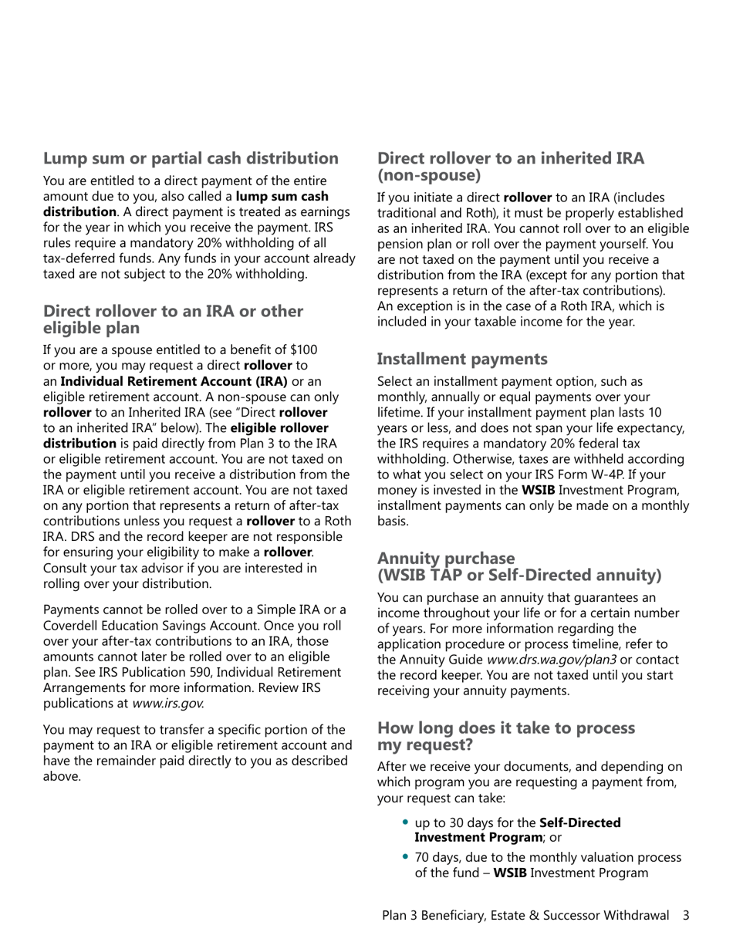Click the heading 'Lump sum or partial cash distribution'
pos(191,158)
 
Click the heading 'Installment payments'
pos(462,359)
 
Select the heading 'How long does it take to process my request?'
pos(506,737)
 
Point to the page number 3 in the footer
pos(686,915)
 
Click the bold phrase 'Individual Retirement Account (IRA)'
pos(174,381)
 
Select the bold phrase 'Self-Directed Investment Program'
pos(517,830)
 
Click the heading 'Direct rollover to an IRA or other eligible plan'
pos(173,319)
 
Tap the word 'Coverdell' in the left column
pos(72,626)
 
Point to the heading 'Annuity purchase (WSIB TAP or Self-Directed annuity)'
pos(519,567)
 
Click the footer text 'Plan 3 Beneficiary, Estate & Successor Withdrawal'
pos(525,915)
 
